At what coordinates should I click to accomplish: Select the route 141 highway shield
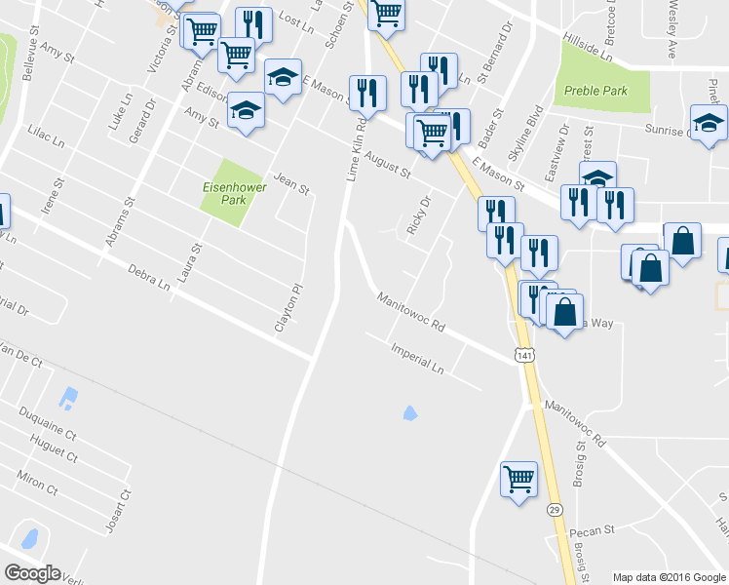click(x=526, y=357)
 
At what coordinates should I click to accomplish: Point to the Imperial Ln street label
click(x=416, y=359)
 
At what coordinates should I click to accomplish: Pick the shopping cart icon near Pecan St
click(x=519, y=478)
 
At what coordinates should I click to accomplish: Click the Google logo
click(x=32, y=573)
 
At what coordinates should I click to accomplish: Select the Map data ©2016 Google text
click(x=669, y=577)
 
